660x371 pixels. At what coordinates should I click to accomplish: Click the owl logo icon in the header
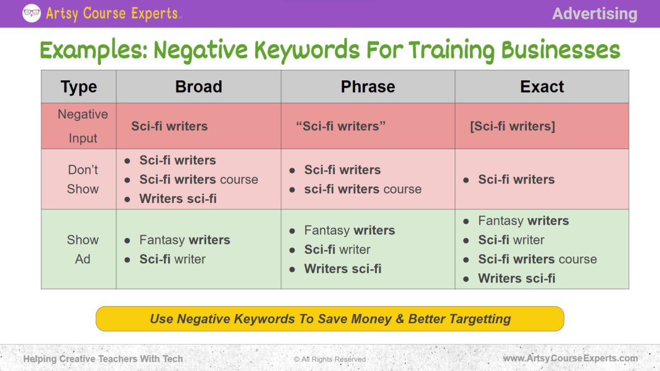(31, 13)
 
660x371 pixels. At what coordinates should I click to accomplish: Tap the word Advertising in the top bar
(595, 14)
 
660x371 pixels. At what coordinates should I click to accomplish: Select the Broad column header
(199, 87)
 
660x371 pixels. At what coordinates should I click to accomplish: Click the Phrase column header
(368, 87)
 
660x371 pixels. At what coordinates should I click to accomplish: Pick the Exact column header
(542, 87)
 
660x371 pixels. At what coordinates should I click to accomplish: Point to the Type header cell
(79, 87)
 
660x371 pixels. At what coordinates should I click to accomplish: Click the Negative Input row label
(82, 126)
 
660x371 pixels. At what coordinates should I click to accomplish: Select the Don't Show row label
(82, 179)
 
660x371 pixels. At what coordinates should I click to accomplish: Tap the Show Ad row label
(82, 249)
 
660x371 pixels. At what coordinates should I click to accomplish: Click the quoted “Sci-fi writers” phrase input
(341, 126)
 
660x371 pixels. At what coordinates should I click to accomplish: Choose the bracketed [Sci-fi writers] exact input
(512, 126)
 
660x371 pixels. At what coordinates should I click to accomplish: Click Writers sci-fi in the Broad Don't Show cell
(178, 199)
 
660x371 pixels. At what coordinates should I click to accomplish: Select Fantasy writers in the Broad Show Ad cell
(184, 240)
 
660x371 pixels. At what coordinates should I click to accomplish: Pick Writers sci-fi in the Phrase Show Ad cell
(343, 269)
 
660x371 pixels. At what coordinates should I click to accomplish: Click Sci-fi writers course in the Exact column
(537, 259)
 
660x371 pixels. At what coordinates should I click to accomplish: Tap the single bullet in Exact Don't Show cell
(466, 180)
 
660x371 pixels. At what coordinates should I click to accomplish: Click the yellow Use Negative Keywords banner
(330, 319)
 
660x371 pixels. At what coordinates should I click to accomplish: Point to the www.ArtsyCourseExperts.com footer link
(570, 358)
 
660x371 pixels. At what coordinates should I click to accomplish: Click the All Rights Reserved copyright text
(329, 359)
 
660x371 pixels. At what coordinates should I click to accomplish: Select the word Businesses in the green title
(560, 51)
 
